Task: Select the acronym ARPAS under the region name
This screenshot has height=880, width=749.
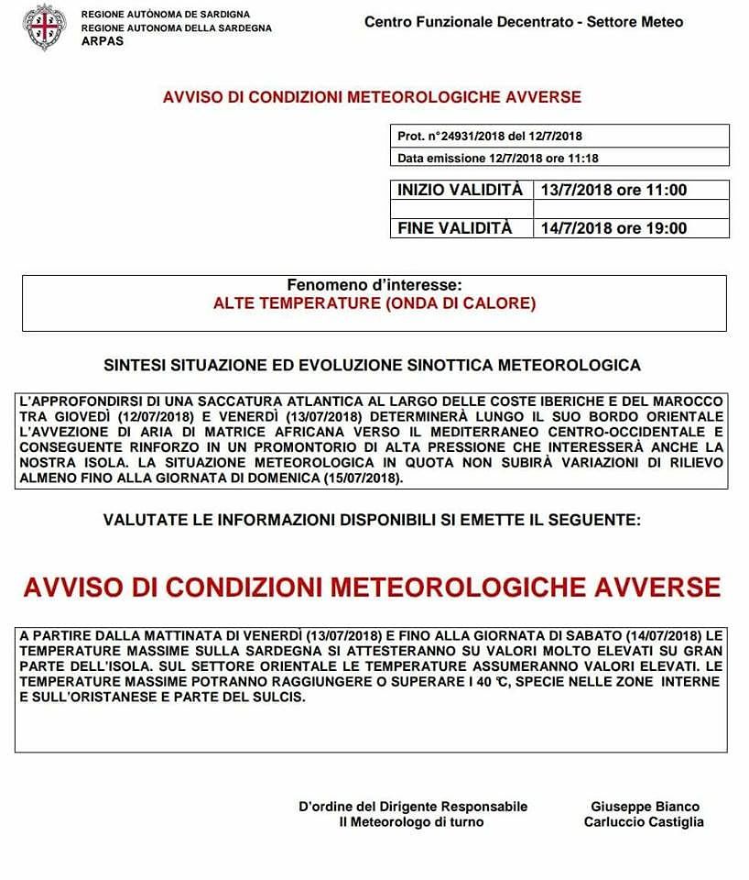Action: pos(102,41)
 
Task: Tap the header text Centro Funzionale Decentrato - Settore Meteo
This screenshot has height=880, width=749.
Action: pos(524,22)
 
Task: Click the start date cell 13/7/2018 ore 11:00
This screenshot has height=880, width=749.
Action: pos(613,191)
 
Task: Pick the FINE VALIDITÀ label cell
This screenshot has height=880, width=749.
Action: pos(455,228)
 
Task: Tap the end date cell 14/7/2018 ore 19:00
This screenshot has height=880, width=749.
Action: pos(613,228)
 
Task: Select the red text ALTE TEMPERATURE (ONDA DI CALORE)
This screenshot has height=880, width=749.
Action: pos(374,302)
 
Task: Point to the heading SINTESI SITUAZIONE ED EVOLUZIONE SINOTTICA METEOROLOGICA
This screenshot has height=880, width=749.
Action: pos(372,365)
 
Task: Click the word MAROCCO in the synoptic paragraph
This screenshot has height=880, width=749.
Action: pos(691,401)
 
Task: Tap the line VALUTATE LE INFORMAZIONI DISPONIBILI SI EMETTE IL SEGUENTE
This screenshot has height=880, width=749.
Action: pos(372,520)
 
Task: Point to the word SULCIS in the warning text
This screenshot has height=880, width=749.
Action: pos(278,697)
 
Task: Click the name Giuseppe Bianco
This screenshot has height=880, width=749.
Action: pos(645,807)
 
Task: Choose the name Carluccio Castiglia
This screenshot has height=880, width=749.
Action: pos(644,822)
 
